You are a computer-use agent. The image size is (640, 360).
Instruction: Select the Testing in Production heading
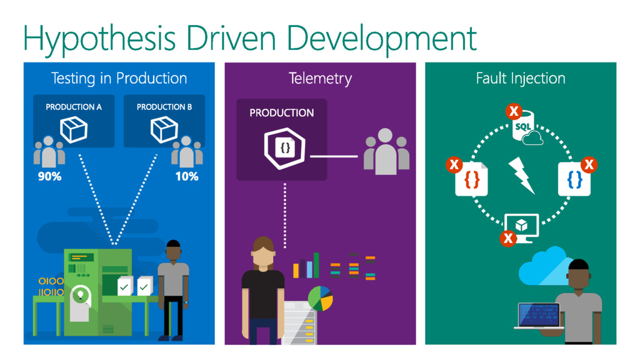(x=119, y=78)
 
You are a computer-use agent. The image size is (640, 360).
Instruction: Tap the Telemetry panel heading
(x=320, y=78)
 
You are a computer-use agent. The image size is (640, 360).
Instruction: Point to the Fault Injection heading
(x=521, y=78)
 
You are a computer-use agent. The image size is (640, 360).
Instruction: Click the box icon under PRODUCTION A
(x=73, y=129)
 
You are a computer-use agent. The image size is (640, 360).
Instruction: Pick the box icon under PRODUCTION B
(x=164, y=129)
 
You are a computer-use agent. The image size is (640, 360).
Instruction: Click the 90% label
(x=49, y=176)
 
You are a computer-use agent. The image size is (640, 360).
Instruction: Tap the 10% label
(x=186, y=176)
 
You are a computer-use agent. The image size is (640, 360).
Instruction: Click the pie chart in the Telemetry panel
(x=320, y=298)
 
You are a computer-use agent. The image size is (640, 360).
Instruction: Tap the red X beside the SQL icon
(x=513, y=112)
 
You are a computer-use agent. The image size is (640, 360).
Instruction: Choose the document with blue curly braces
(x=574, y=180)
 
